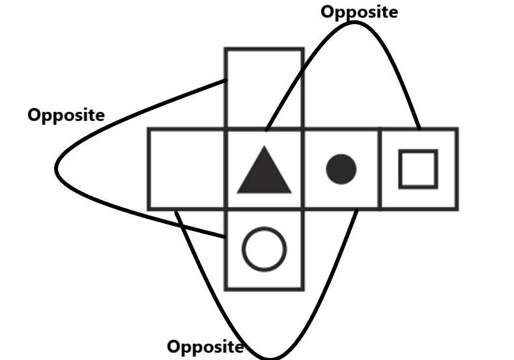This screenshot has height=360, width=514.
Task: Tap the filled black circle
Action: [x=341, y=169]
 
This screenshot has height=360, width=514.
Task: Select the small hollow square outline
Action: [x=418, y=169]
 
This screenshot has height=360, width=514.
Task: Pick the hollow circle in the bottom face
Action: [x=264, y=249]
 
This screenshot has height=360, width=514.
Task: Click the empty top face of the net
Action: [x=264, y=88]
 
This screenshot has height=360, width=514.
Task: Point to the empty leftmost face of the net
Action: [x=187, y=169]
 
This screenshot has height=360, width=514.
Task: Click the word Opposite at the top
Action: [x=360, y=12]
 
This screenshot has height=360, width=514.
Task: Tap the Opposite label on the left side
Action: [x=65, y=115]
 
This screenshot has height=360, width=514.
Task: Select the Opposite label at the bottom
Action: [x=205, y=346]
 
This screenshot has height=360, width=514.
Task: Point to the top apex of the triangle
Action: [x=264, y=146]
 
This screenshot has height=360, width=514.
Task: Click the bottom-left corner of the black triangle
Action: [x=238, y=192]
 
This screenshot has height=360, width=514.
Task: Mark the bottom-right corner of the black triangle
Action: [x=291, y=192]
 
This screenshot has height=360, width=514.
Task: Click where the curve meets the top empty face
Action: [x=225, y=81]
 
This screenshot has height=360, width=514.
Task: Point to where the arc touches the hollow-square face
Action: [x=418, y=129]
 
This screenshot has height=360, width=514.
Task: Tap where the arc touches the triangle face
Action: [x=267, y=129]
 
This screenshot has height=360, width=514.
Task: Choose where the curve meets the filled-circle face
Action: [x=356, y=210]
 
